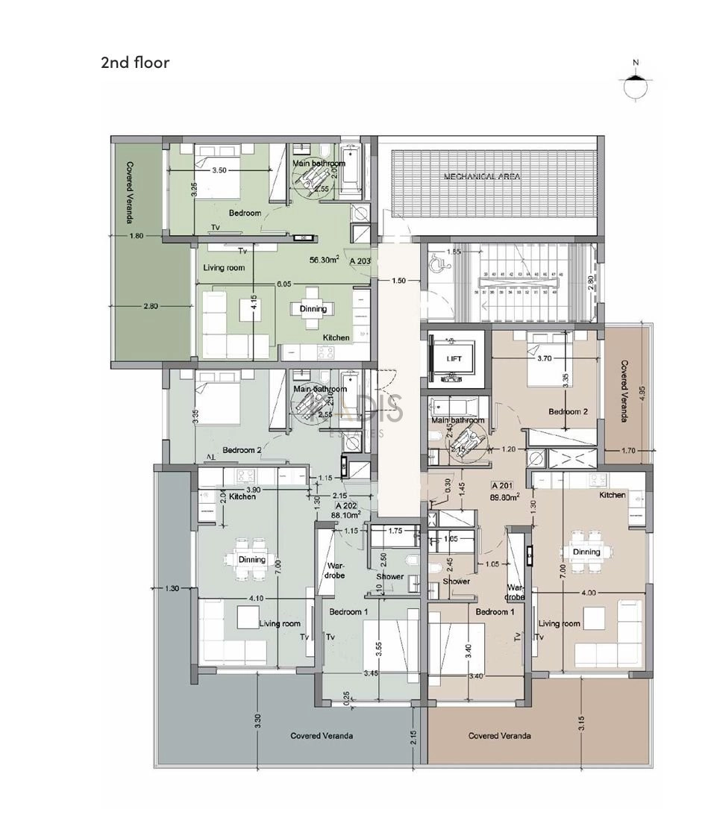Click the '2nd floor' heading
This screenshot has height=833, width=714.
pos(135,63)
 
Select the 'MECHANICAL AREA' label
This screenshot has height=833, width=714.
pos(482,177)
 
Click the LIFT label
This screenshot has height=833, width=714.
pos(454,359)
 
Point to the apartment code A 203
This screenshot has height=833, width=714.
pos(360,262)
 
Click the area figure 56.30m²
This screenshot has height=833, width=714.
pos(325,260)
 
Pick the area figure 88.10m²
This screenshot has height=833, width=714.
pos(346,514)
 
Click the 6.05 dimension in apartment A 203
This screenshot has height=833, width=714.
pos(284,284)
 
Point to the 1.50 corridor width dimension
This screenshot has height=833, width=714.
pos(399,281)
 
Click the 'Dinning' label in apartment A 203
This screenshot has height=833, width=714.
pos(313,309)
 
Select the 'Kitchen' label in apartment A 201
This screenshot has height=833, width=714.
pos(612,496)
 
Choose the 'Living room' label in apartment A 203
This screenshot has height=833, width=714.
pos(225,267)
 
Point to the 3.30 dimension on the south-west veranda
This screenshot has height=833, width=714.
pos(257,721)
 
